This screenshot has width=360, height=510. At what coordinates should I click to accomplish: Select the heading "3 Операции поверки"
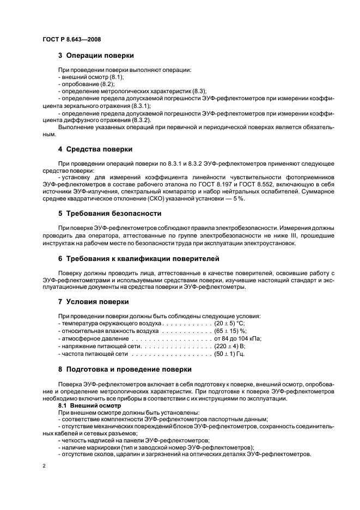96,56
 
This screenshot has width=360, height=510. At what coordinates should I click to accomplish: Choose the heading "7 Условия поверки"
93,301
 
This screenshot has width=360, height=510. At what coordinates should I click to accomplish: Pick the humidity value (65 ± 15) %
230,331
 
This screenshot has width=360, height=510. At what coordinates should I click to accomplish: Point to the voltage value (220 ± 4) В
231,346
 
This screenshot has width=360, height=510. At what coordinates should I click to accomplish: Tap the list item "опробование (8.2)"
80,84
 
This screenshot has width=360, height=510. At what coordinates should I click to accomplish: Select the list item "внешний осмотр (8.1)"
86,77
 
